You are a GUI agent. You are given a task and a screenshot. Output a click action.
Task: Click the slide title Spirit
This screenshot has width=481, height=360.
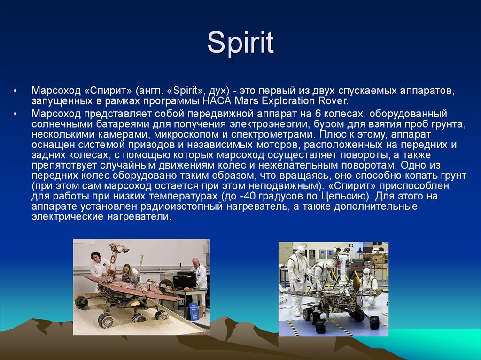coord(240,43)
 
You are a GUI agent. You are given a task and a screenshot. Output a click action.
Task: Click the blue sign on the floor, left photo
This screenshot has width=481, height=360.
coord(194,312)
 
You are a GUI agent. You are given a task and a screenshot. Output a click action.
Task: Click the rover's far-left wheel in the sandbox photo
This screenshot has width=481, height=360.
coord(81,302)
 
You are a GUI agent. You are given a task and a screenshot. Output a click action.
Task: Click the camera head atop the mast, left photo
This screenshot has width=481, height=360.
coord(115,247)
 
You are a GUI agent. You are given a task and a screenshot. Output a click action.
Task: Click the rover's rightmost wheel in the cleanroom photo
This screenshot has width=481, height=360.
coord(374,322)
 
